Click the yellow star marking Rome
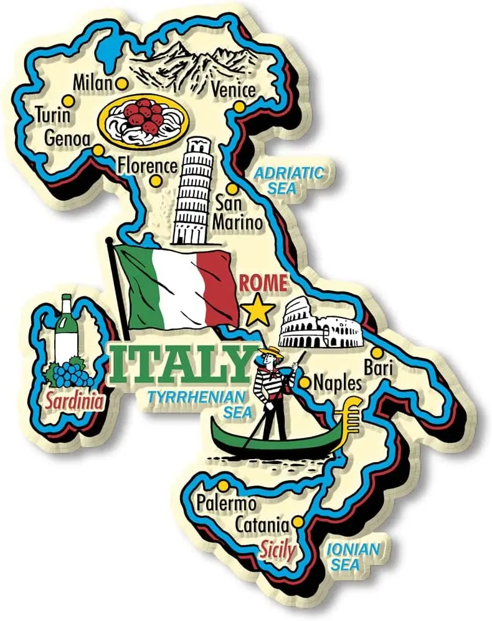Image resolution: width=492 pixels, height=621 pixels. point(257,310)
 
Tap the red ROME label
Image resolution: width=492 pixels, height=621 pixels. point(263,284)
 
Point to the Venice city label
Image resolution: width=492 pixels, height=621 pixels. point(233,90)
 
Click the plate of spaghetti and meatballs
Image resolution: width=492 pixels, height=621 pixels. point(143,120)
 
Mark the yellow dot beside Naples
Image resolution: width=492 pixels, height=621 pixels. point(304,382)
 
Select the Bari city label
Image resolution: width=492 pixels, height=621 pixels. point(379,368)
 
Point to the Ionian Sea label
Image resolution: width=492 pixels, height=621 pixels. point(352,557)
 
